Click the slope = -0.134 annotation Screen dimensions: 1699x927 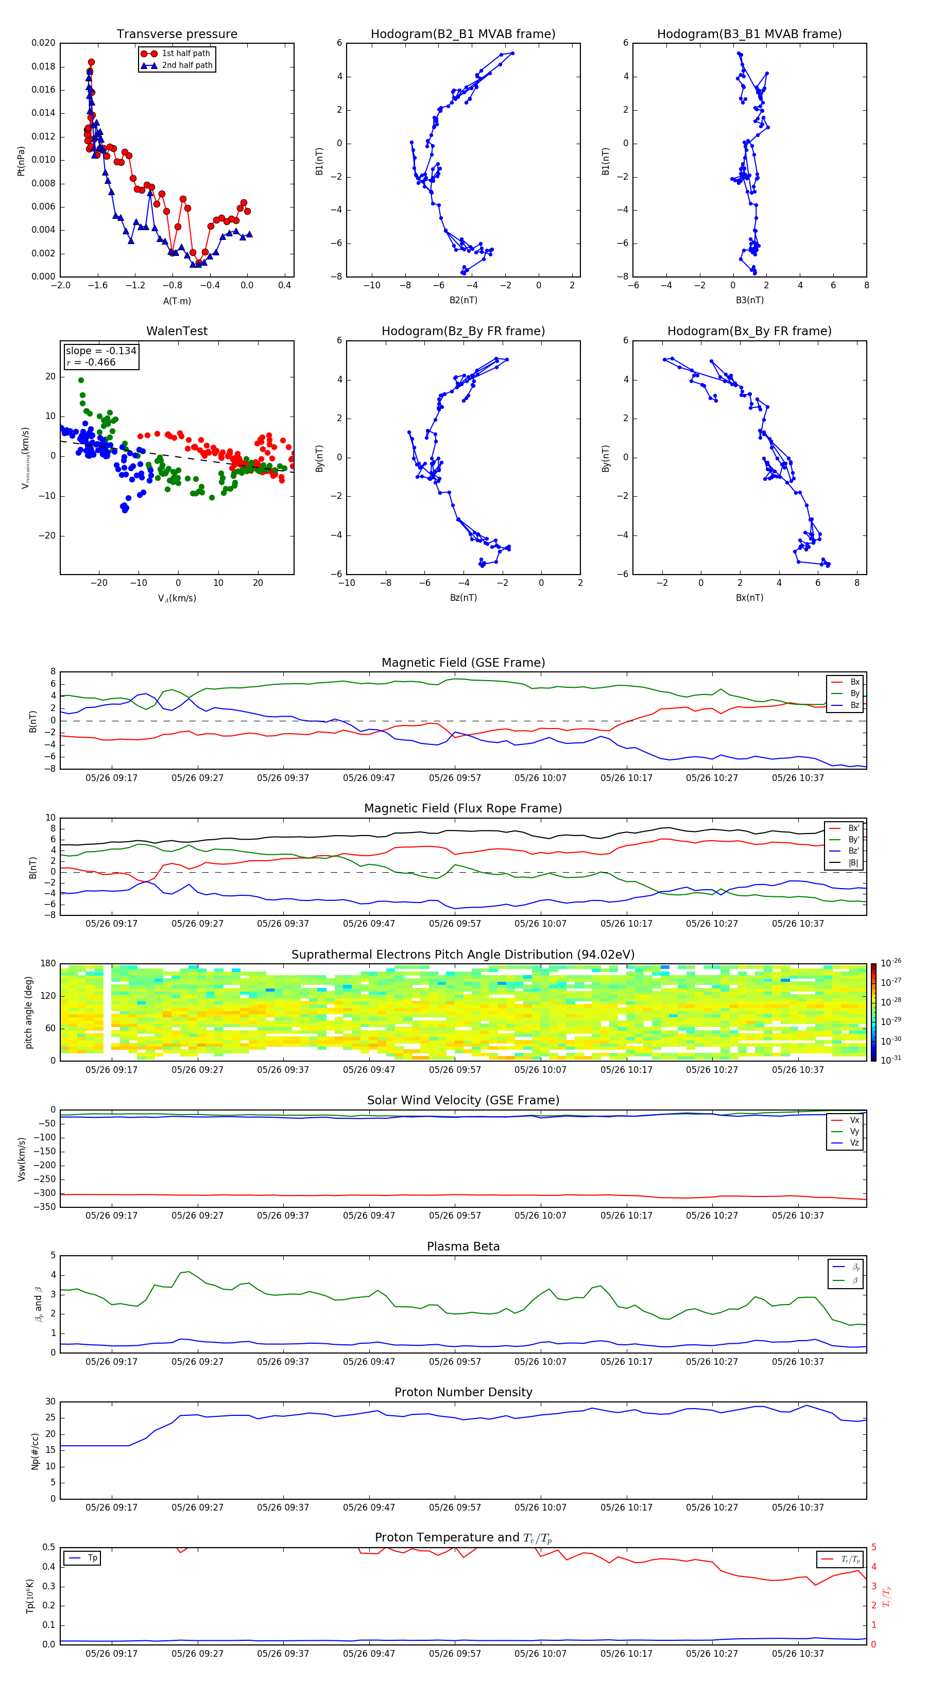tap(101, 351)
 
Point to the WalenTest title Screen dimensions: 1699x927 tap(177, 331)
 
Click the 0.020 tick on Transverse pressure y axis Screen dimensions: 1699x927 tap(44, 43)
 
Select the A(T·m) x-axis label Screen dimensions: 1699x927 tap(177, 301)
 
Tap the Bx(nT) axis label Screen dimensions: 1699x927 tap(749, 598)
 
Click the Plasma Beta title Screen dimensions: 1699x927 tap(463, 1246)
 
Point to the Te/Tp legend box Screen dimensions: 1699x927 tap(839, 1559)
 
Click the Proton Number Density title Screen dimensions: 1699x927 tap(463, 1392)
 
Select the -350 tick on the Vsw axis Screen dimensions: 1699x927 tap(44, 1207)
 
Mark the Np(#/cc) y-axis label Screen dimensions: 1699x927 tap(35, 1451)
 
